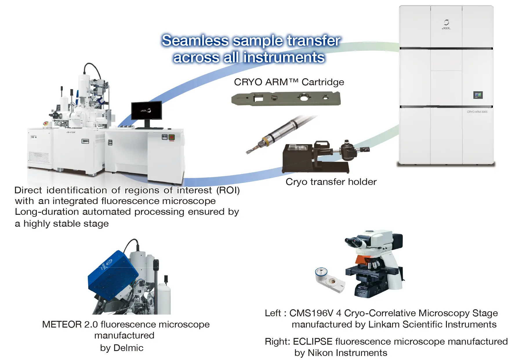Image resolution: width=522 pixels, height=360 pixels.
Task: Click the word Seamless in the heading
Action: coord(195,41)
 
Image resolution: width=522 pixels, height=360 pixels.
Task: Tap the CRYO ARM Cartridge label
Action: coord(289,82)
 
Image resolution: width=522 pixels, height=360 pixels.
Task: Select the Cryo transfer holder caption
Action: coord(331,182)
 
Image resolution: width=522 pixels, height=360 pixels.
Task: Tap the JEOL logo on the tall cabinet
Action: coord(446,25)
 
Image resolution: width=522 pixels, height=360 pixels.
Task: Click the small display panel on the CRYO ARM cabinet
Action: coord(478,95)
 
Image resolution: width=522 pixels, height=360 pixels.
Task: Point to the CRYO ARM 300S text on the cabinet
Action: coord(477,112)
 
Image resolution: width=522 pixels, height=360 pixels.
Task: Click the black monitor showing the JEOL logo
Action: coord(146,110)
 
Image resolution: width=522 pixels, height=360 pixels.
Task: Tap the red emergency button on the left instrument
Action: coord(46,123)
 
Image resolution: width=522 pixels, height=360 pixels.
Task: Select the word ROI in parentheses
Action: coord(228,190)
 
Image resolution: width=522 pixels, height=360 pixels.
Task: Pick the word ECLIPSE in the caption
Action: coord(313,341)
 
